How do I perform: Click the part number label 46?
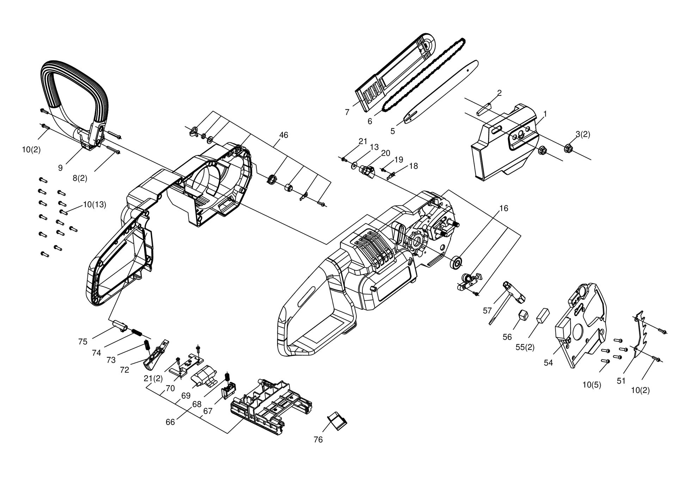click(x=283, y=135)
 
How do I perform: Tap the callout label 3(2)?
click(x=583, y=134)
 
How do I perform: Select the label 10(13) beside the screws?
click(x=94, y=204)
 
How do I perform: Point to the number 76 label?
click(x=318, y=440)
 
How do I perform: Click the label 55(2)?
click(x=525, y=347)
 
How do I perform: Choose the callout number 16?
click(x=504, y=208)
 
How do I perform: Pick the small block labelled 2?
click(x=484, y=109)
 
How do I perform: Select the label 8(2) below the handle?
click(x=80, y=178)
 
